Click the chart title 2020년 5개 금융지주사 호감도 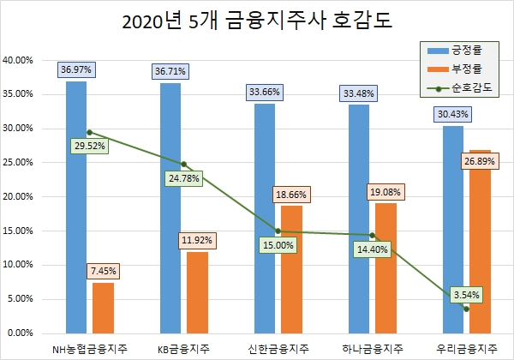coord(257,20)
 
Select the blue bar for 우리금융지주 coord(453,231)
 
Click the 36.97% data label coord(76,69)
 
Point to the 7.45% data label coord(103,271)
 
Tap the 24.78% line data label coord(183,178)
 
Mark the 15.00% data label coord(278,245)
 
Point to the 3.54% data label coord(466,295)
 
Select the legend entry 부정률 coord(470,69)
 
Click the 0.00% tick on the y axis coord(21,333)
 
